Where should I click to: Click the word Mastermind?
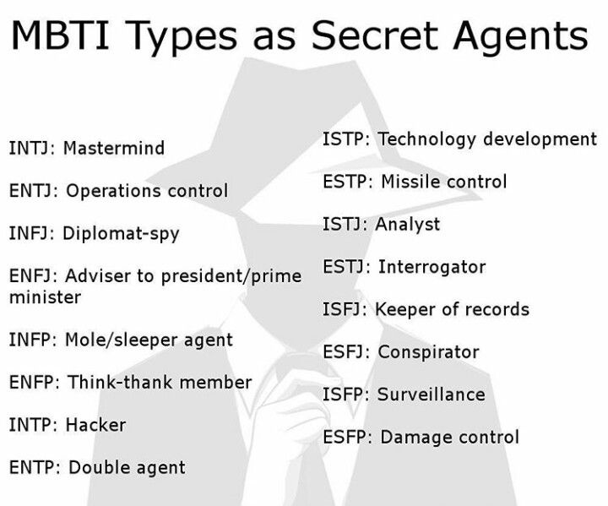[x=114, y=148]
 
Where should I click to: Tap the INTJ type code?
[x=30, y=148]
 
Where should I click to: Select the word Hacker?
[x=95, y=425]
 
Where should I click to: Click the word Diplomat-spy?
[x=121, y=234]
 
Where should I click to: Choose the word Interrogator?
[x=432, y=267]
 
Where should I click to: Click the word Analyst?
[x=408, y=225]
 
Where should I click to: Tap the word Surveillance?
[x=432, y=394]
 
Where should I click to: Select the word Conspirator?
[x=428, y=352]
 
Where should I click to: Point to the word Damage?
[x=416, y=438]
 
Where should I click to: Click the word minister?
[x=45, y=297]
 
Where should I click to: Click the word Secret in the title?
[x=374, y=35]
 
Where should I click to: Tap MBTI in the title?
[x=60, y=35]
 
